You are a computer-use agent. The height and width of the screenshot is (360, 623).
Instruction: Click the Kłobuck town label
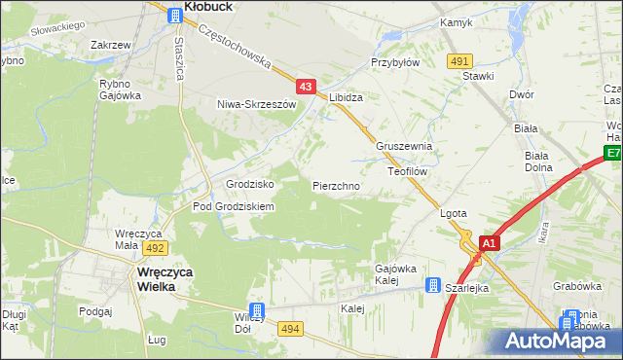pyautogui.click(x=213, y=6)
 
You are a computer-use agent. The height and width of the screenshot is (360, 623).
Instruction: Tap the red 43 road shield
pyautogui.click(x=307, y=87)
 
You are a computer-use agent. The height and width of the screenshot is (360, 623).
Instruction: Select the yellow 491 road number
pyautogui.click(x=460, y=60)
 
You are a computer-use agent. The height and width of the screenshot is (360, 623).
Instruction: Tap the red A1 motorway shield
pyautogui.click(x=489, y=243)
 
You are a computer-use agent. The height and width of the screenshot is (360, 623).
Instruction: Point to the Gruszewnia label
pyautogui.click(x=405, y=146)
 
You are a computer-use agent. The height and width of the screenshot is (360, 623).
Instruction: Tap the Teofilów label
pyautogui.click(x=409, y=170)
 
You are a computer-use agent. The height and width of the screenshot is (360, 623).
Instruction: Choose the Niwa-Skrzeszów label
pyautogui.click(x=256, y=103)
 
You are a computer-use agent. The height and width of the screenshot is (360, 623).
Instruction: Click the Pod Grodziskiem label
pyautogui.click(x=234, y=206)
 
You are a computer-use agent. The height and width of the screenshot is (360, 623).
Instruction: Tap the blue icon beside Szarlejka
pyautogui.click(x=431, y=285)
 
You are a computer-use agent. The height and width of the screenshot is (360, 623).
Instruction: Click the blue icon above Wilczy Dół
pyautogui.click(x=256, y=308)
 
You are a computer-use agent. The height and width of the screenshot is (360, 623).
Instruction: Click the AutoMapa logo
pyautogui.click(x=559, y=340)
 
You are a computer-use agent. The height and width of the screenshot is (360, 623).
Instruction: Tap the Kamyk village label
pyautogui.click(x=456, y=21)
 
